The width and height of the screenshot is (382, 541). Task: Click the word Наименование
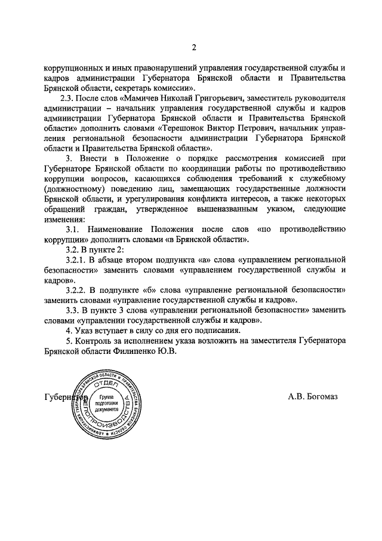coord(119,230)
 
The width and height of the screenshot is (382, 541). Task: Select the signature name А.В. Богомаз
coord(312,397)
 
